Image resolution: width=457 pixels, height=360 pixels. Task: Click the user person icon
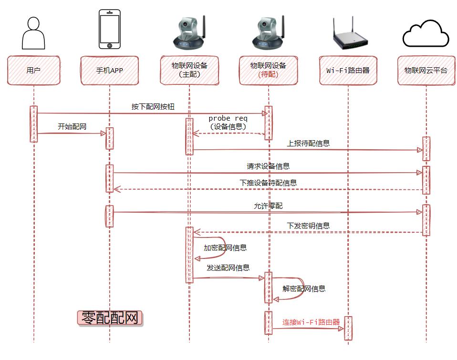pyautogui.click(x=34, y=33)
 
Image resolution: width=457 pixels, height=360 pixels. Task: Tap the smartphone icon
pyautogui.click(x=110, y=30)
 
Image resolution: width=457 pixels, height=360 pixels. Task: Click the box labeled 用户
pyautogui.click(x=34, y=71)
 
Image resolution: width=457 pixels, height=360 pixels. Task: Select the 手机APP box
pyautogui.click(x=110, y=71)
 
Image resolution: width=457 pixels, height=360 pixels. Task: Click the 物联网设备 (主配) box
pyautogui.click(x=189, y=71)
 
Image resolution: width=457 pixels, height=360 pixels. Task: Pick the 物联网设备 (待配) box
pyautogui.click(x=268, y=71)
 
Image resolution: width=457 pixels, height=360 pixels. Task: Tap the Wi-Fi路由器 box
pyautogui.click(x=348, y=71)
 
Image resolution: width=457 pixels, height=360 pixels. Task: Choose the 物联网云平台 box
pyautogui.click(x=426, y=71)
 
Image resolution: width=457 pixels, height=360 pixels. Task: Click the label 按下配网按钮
pyautogui.click(x=153, y=107)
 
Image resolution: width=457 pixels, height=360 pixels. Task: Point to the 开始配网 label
pyautogui.click(x=72, y=127)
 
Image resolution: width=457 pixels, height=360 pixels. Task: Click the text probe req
pyautogui.click(x=228, y=118)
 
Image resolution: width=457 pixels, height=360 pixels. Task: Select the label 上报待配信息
pyautogui.click(x=308, y=143)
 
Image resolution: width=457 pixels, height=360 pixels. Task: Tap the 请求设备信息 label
pyautogui.click(x=268, y=166)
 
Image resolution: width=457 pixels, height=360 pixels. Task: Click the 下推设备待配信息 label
pyautogui.click(x=268, y=183)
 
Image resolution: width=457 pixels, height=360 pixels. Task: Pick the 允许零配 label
pyautogui.click(x=268, y=206)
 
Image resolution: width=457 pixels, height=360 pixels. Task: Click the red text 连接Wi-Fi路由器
pyautogui.click(x=311, y=322)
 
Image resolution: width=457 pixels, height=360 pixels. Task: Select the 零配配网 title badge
pyautogui.click(x=110, y=318)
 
